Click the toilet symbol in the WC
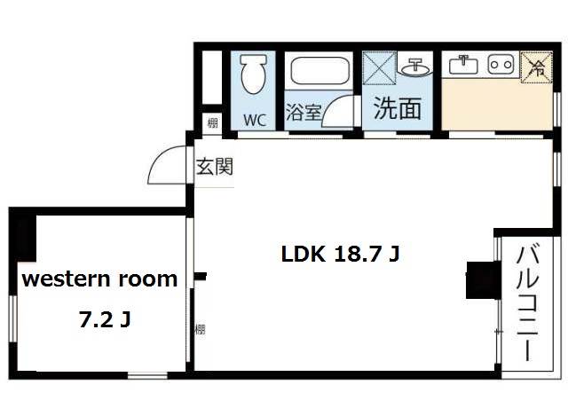point(253,75)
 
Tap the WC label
point(255,121)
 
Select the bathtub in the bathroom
point(320,71)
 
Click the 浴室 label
point(304,112)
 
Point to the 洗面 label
point(398,108)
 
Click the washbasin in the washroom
point(416,67)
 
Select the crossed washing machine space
point(380,68)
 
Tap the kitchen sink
point(463,65)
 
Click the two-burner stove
point(501,65)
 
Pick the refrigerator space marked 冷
point(537,67)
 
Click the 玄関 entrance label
point(214,167)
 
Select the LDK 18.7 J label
point(340,254)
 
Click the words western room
point(100,279)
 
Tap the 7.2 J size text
point(105,320)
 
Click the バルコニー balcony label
point(527,303)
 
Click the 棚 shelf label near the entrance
point(213,123)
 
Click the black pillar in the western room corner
point(23,237)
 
